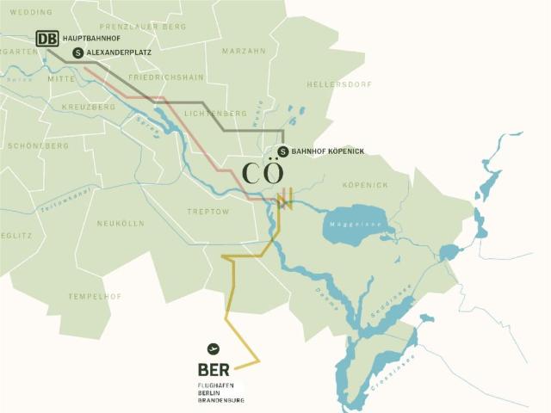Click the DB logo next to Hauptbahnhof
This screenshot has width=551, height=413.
coord(47,39)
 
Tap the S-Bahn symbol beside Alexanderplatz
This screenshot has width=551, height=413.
coord(79,52)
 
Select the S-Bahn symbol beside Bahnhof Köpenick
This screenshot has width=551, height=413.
coord(283,151)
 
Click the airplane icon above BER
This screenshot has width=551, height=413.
coord(214,348)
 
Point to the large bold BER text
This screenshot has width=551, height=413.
coord(215,371)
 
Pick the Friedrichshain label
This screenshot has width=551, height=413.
coord(165,77)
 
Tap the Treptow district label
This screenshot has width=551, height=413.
coord(208,211)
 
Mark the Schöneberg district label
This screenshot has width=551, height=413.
coord(37,146)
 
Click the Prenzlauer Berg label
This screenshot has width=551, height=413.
coord(150,27)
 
